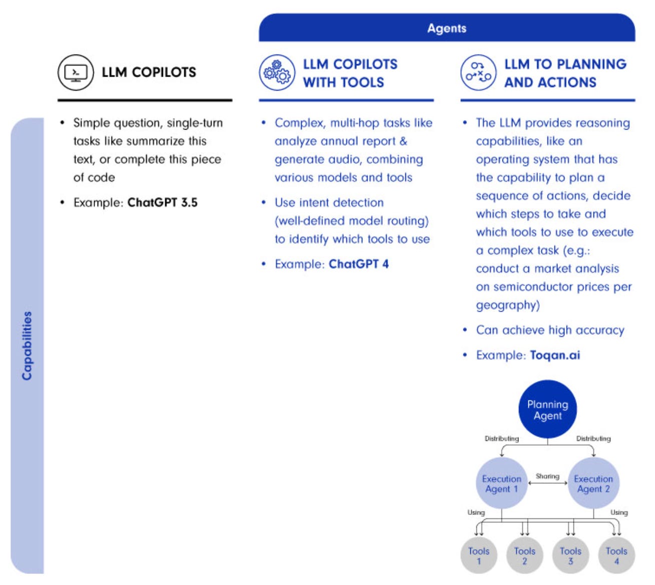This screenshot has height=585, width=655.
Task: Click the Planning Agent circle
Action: (x=547, y=409)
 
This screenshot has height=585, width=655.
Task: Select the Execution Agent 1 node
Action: (x=501, y=483)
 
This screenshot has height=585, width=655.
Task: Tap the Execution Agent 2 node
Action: (x=593, y=483)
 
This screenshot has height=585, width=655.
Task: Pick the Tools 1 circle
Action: (x=479, y=555)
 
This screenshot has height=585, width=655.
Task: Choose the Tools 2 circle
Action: (x=524, y=555)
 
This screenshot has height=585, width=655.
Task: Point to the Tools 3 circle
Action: (x=570, y=555)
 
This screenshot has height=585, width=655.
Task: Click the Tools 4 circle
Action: (x=616, y=555)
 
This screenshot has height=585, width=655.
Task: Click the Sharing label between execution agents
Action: (x=547, y=476)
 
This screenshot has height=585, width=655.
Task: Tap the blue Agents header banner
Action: (x=446, y=28)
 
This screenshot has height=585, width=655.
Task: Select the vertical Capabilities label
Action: (x=27, y=345)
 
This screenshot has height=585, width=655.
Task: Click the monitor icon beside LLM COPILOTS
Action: (x=76, y=73)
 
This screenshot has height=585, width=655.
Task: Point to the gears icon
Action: (x=277, y=73)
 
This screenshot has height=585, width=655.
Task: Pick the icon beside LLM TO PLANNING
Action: (x=478, y=73)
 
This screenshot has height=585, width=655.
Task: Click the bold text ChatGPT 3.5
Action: (x=162, y=203)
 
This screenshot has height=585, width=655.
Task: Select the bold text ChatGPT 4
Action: (x=358, y=264)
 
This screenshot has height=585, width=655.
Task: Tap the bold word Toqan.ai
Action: (x=555, y=355)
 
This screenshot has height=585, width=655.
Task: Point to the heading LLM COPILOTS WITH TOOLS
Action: (x=350, y=73)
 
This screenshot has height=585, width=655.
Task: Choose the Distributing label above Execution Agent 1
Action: (x=501, y=438)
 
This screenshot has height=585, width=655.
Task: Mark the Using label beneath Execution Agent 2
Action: (x=618, y=512)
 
